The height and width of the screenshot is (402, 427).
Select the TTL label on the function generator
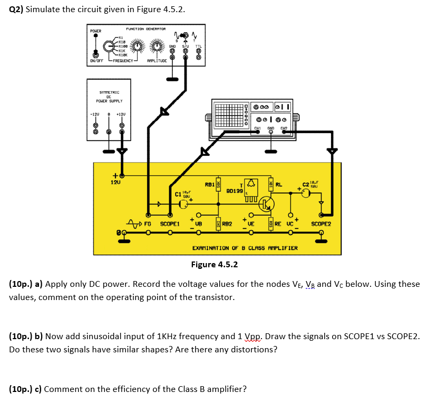(198, 46)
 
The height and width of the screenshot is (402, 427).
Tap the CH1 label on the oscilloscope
(258, 127)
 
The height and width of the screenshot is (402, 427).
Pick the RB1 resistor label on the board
(209, 184)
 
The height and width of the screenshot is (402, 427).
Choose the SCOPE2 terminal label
(321, 224)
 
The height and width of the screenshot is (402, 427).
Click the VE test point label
(251, 224)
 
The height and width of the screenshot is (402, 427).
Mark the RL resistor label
(279, 185)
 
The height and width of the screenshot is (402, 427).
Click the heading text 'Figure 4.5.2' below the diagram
(214, 264)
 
